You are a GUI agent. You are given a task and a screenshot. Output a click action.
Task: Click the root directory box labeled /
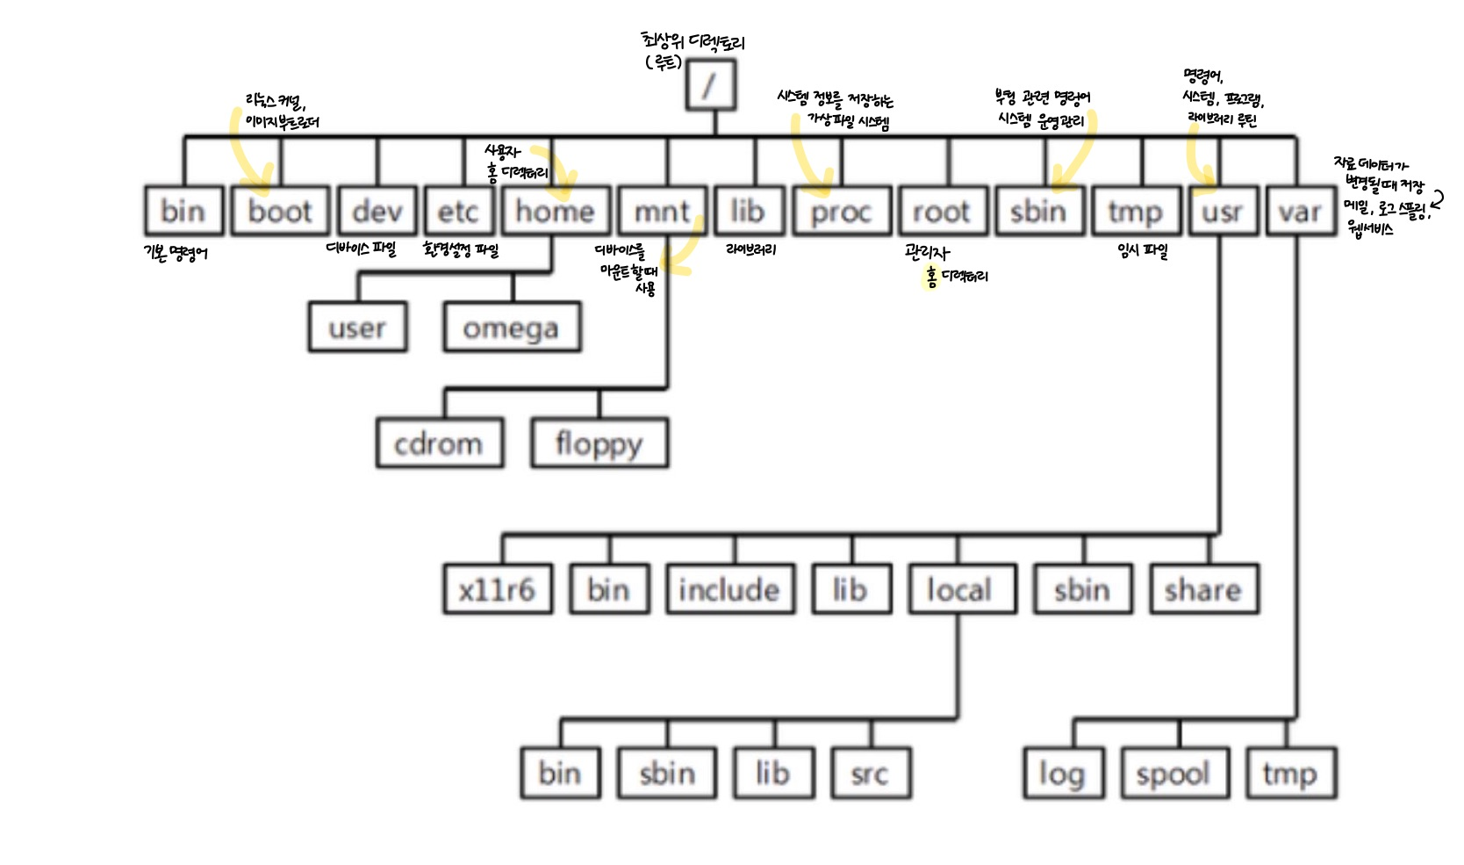click(710, 85)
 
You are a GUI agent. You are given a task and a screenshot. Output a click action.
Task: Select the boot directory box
click(280, 211)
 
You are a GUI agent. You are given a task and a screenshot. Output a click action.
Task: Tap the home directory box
click(556, 211)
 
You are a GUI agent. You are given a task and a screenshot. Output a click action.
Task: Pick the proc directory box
click(841, 211)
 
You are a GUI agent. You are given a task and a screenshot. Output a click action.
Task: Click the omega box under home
click(512, 328)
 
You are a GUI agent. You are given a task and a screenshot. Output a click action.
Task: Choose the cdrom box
click(439, 443)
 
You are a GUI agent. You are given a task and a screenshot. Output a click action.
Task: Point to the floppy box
click(599, 443)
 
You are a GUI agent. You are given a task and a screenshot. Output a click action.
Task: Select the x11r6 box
click(498, 589)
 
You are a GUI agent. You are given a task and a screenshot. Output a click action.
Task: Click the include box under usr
click(730, 589)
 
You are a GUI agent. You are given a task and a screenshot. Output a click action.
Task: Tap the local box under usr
click(960, 589)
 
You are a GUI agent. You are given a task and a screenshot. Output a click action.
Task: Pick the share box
click(1204, 589)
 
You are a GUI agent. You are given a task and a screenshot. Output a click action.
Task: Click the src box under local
click(870, 774)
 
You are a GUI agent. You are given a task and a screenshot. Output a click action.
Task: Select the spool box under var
click(1173, 774)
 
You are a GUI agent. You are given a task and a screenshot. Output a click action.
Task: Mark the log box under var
click(1063, 774)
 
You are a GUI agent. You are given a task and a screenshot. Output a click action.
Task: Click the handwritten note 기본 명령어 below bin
click(176, 254)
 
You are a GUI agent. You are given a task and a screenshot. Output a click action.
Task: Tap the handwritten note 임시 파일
click(1143, 251)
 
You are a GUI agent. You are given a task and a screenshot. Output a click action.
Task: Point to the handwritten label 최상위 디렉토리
click(693, 41)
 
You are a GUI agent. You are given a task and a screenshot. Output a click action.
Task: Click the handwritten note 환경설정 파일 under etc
click(461, 250)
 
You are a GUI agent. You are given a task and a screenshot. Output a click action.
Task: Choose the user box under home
click(357, 328)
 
